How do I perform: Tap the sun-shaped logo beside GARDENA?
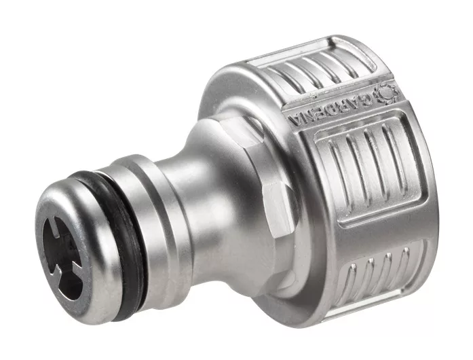(x=386, y=92)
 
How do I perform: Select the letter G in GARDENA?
(x=366, y=100)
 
